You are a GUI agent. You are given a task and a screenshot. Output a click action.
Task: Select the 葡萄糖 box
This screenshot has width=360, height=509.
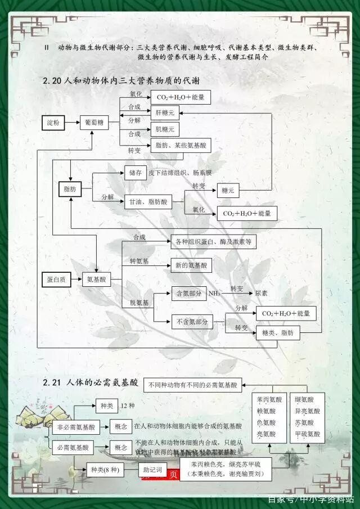(x=94, y=122)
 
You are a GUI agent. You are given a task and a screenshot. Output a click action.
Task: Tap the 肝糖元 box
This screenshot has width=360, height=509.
(x=165, y=112)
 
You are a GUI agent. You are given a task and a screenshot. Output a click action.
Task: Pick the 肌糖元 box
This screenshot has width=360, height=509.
(x=165, y=130)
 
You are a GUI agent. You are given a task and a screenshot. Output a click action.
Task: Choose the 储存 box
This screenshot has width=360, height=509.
(x=135, y=173)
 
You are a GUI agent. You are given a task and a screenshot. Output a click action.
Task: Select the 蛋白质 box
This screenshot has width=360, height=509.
(x=57, y=279)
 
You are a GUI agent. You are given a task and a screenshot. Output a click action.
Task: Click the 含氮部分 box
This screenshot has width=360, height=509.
(x=188, y=294)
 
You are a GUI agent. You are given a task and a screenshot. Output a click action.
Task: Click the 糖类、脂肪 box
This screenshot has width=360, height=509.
(x=278, y=332)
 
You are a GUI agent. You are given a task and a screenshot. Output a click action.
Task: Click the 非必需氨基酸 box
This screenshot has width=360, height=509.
(x=75, y=427)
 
